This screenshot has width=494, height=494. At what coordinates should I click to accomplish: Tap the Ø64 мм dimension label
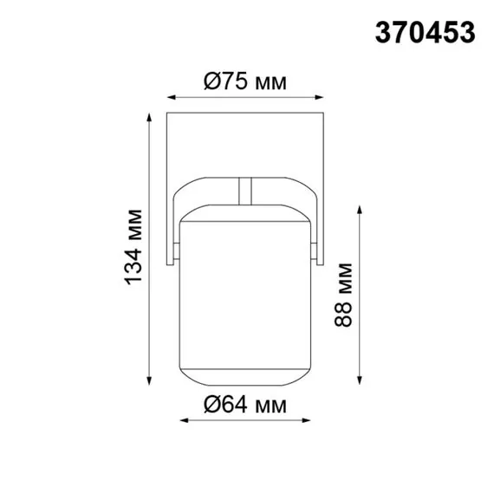245,405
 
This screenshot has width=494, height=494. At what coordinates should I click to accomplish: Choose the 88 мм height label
345,295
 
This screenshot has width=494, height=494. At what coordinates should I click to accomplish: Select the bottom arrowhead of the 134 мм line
150,381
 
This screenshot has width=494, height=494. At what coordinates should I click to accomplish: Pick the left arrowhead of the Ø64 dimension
182,419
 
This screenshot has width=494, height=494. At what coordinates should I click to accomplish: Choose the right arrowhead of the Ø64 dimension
309,419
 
